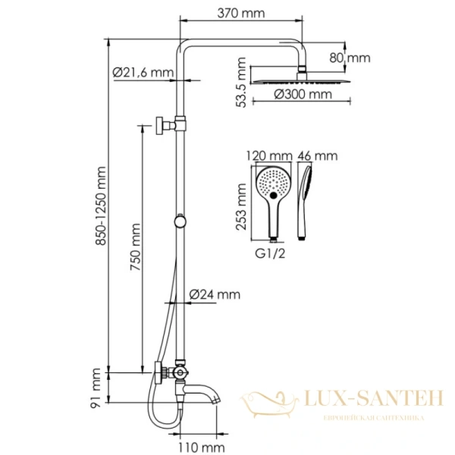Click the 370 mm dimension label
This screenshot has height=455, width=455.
[241, 14]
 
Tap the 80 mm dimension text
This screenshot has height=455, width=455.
[350, 58]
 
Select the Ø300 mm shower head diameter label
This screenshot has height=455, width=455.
[303, 94]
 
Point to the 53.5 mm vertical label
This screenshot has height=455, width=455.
[241, 83]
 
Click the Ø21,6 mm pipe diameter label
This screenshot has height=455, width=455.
[143, 72]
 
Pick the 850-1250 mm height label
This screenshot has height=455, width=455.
[101, 206]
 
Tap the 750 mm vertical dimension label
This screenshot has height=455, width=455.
[135, 247]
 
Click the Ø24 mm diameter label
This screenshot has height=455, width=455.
[215, 294]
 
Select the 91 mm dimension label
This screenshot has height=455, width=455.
[96, 388]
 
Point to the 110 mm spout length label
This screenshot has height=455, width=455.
[201, 447]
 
